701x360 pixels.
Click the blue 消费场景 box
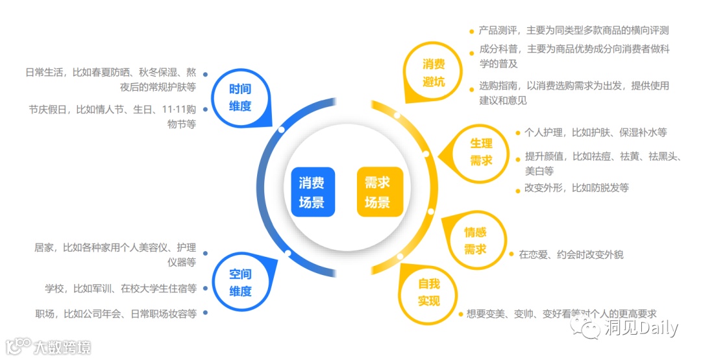[x=313, y=192]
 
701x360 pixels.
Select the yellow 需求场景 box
[x=380, y=192]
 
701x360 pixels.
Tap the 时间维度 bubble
[x=240, y=97]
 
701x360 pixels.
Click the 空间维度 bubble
[x=240, y=283]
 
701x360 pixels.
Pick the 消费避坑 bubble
[x=434, y=73]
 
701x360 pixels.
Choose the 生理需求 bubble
[x=482, y=152]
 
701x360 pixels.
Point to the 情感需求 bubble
[x=475, y=241]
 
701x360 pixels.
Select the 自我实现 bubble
[x=428, y=292]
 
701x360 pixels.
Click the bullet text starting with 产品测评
[x=574, y=30]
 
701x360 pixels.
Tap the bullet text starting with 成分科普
[x=574, y=56]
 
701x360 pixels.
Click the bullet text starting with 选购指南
[x=574, y=93]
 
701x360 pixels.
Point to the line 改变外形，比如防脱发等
[x=576, y=188]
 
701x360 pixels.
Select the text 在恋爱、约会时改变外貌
[x=571, y=255]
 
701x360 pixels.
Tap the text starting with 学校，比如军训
[x=121, y=288]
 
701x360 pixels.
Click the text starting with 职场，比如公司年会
[x=116, y=313]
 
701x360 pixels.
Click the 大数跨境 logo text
[x=62, y=347]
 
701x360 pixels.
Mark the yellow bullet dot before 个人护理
[x=517, y=133]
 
